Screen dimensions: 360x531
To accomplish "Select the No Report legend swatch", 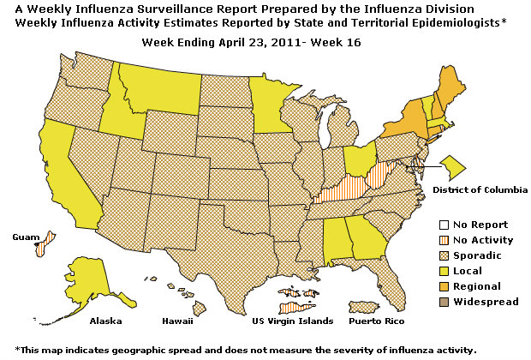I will pos(433,225).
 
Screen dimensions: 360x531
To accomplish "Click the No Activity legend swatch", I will pos(433,240).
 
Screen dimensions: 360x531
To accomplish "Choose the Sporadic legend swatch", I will pos(433,255).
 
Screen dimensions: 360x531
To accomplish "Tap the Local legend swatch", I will pos(433,271).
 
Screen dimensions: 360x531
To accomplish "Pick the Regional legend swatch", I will pos(433,286).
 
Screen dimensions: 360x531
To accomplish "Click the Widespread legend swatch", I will pos(433,302).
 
